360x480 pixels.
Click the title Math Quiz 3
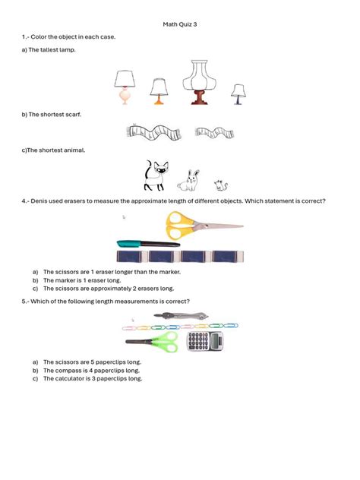(x=179, y=24)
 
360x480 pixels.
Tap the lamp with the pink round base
(x=125, y=87)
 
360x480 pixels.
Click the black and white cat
(x=156, y=175)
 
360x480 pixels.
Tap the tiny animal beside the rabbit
(x=219, y=185)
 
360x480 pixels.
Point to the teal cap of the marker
(x=128, y=244)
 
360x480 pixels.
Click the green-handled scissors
(x=162, y=342)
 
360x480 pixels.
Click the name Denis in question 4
(x=40, y=201)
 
